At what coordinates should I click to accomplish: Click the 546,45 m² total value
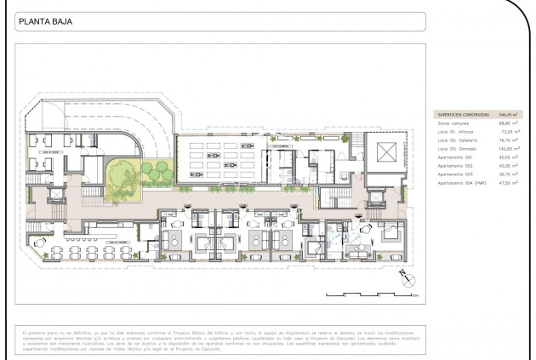pos(508,113)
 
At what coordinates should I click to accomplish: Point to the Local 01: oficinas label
pos(454,133)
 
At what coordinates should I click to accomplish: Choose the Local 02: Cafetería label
pos(455,140)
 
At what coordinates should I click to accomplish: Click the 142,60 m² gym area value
pos(508,149)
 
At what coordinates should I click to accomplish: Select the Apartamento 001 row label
pos(455,157)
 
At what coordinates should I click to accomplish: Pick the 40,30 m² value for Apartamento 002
pos(509,166)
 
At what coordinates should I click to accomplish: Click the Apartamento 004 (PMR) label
pos(460,183)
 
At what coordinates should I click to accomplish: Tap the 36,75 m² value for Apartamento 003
pos(509,174)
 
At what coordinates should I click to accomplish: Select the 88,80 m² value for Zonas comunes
pos(509,124)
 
